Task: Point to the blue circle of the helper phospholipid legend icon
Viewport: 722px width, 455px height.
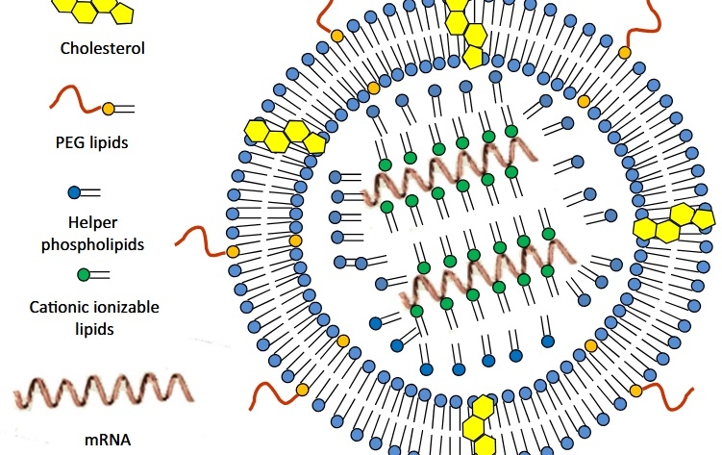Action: click(x=75, y=192)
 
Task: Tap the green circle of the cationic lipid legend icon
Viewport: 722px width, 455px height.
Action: click(x=84, y=274)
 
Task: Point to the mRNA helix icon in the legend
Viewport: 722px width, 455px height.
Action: click(x=101, y=391)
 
